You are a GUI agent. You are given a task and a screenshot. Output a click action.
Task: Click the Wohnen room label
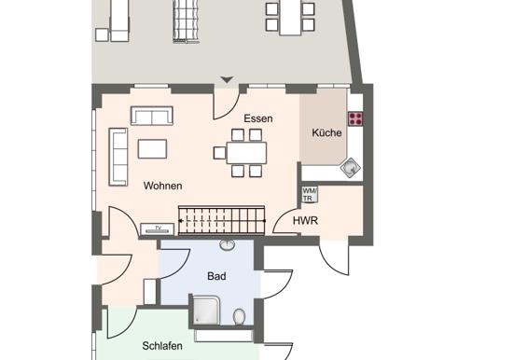click(162, 186)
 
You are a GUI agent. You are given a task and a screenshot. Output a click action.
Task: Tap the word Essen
click(258, 118)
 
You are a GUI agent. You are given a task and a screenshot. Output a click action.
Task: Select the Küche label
click(326, 132)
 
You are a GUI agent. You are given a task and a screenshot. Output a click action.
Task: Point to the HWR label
click(305, 221)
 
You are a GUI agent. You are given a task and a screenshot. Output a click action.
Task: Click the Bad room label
click(216, 276)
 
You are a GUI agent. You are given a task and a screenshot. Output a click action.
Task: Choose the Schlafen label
click(162, 346)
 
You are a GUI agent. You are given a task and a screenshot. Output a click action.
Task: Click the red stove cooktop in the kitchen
click(355, 118)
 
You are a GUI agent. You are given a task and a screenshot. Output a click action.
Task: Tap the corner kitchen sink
click(351, 168)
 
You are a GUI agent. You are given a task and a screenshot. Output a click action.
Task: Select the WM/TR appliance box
click(310, 194)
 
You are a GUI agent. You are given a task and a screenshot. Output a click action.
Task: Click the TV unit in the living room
click(157, 228)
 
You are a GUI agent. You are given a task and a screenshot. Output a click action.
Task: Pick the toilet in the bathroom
click(240, 317)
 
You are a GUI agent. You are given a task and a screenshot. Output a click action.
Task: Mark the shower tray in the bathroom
click(206, 310)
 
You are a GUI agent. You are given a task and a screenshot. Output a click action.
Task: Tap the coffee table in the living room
click(152, 149)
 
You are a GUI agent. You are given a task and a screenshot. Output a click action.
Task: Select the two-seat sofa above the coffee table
click(152, 116)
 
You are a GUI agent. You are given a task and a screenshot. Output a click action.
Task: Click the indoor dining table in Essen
click(246, 153)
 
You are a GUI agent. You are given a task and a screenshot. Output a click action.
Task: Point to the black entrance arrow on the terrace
click(227, 79)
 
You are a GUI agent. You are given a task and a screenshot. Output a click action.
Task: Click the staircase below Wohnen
click(221, 220)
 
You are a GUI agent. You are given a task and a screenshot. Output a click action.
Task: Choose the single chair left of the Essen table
click(219, 153)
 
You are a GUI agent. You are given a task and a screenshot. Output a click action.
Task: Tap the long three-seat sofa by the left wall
click(118, 157)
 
